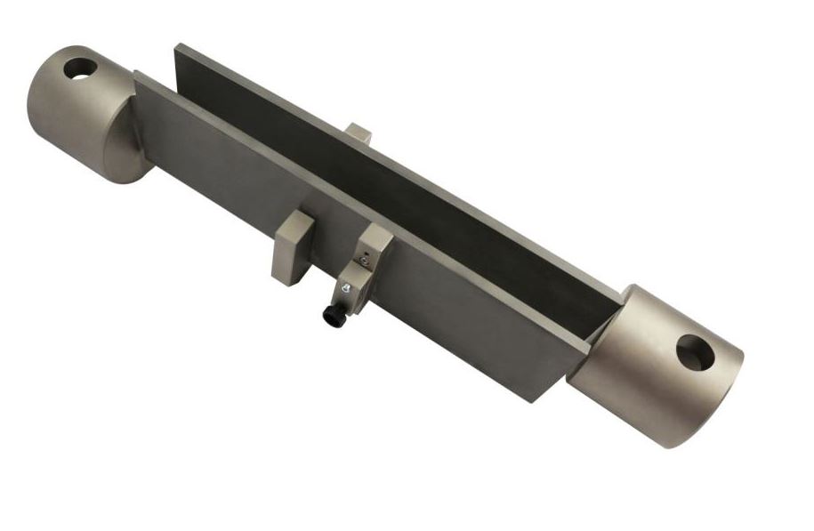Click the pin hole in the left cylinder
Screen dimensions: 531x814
[80, 68]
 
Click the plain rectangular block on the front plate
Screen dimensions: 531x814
[291, 249]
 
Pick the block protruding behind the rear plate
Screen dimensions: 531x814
[358, 133]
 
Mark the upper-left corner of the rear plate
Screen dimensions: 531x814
[178, 46]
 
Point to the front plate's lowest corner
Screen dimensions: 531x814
[534, 401]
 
